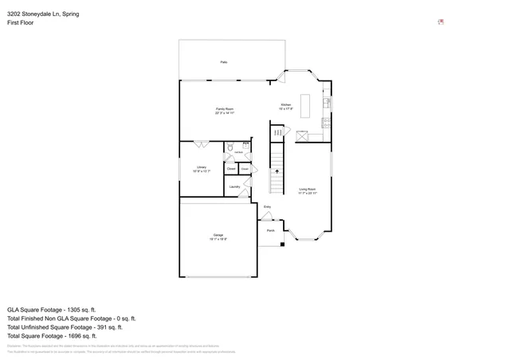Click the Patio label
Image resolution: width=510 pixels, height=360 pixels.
224,61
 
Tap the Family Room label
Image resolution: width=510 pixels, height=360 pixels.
224,110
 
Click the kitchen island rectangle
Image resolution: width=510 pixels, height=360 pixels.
305,104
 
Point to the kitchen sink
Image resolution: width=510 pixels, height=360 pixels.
326,103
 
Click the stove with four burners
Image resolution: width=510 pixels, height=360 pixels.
326,123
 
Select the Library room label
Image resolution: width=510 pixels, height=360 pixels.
202,168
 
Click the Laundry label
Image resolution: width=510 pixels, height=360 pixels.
234,186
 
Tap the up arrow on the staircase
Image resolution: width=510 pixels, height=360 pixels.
277,170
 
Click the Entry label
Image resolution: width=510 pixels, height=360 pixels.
268,207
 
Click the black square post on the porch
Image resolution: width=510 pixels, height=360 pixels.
282,245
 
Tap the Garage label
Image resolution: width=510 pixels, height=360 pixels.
218,237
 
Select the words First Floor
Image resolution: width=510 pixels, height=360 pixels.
22,24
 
